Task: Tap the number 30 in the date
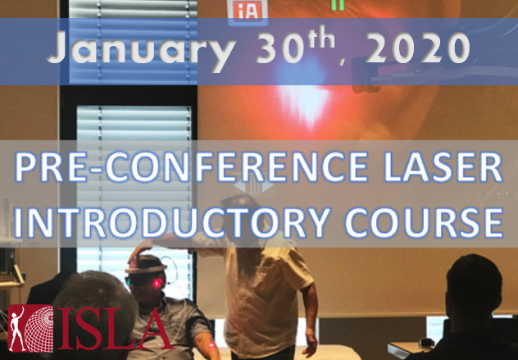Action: click(x=278, y=52)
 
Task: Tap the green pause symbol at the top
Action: click(x=336, y=4)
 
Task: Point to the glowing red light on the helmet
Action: click(x=157, y=282)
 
